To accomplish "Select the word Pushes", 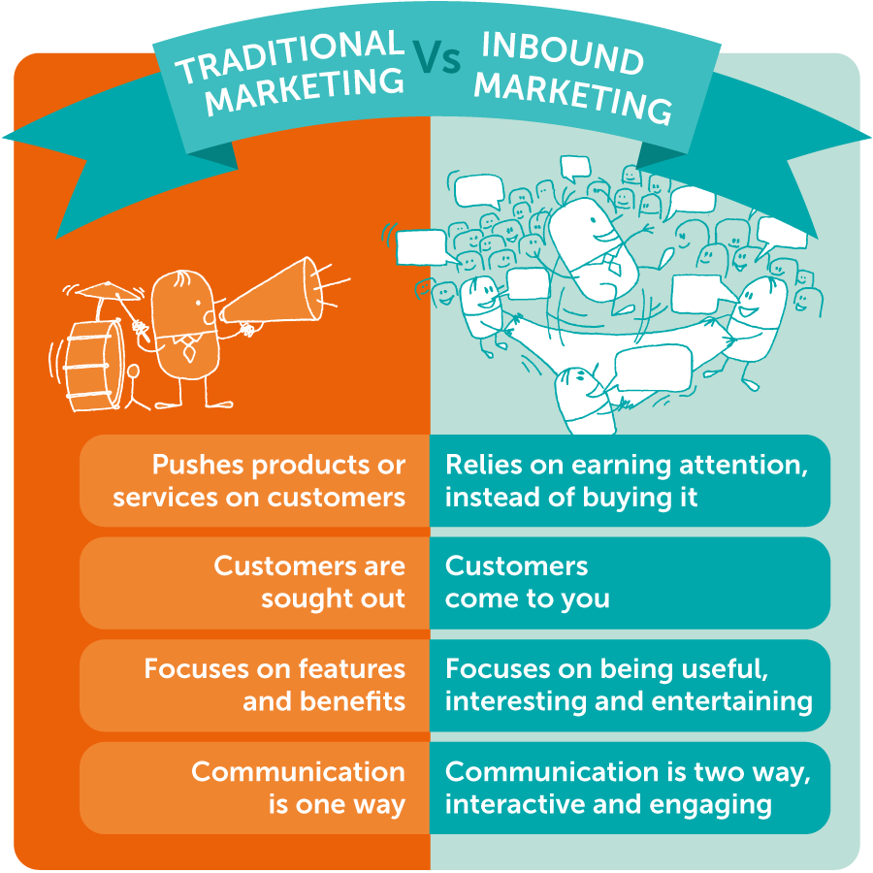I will point(198,465).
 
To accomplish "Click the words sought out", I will point(333,598).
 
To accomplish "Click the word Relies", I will point(478,465).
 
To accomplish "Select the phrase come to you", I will point(527,598).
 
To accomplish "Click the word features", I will point(343,668).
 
